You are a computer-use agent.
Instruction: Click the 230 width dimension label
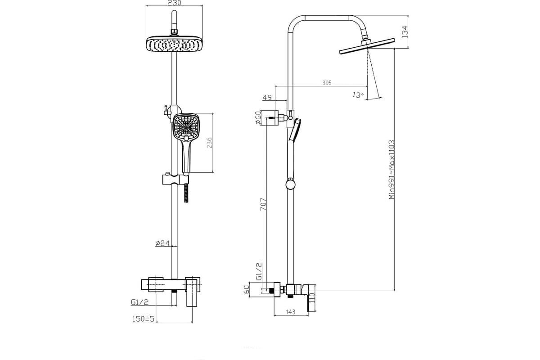click(174, 3)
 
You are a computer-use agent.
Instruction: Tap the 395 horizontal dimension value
click(327, 83)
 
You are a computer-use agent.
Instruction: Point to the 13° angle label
click(358, 95)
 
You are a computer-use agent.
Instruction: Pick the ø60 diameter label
click(258, 117)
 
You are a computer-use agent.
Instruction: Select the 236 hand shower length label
click(209, 143)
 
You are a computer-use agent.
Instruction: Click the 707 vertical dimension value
click(264, 204)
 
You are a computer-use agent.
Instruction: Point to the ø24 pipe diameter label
click(162, 243)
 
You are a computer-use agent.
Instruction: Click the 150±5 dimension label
click(143, 319)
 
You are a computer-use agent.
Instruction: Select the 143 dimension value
click(291, 312)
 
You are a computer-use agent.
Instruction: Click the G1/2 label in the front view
click(139, 302)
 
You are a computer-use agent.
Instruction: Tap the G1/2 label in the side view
click(259, 272)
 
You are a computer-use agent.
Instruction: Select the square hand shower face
click(186, 127)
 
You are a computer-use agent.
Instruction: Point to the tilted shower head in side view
click(367, 46)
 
